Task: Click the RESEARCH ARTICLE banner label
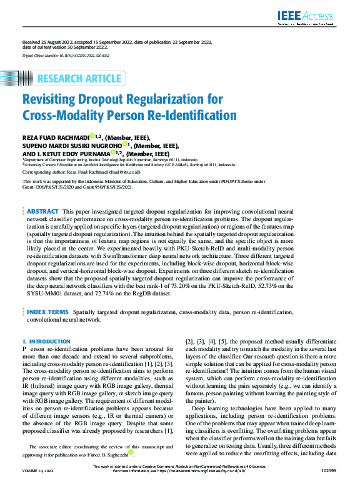(x=79, y=79)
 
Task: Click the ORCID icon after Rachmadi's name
(x=91, y=136)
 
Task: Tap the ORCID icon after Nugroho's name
(x=125, y=144)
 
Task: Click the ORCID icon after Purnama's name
(x=114, y=152)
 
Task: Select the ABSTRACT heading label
(x=43, y=212)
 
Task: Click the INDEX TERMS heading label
(x=47, y=310)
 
